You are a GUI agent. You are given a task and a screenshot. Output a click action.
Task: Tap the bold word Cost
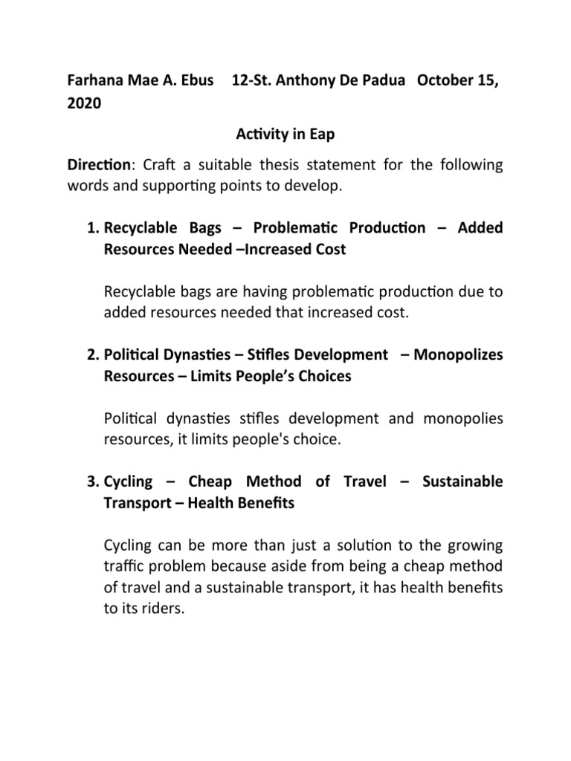pos(329,250)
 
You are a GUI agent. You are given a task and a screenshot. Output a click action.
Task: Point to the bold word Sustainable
pos(462,482)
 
